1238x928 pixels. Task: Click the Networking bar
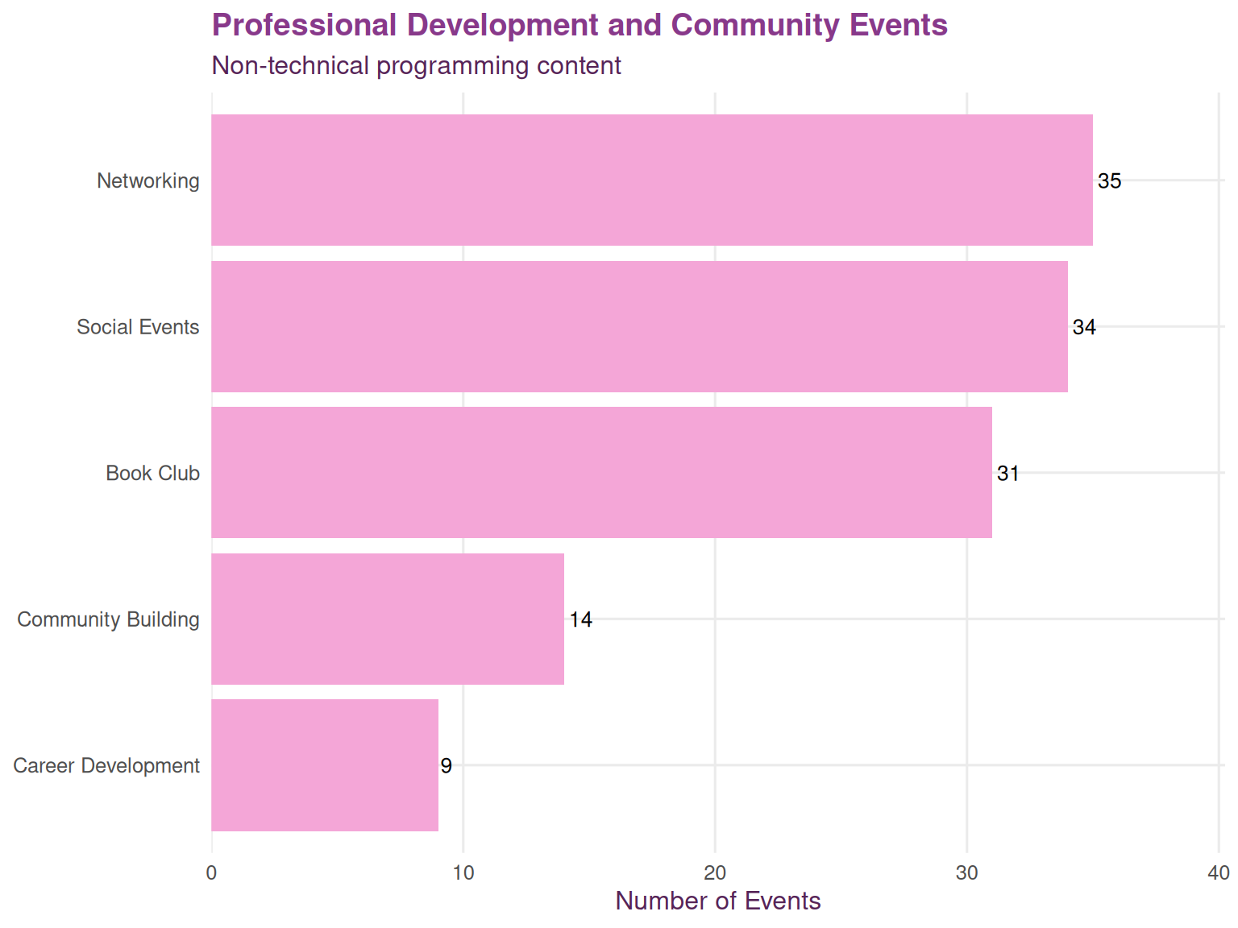coord(651,180)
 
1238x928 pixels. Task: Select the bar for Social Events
coord(639,326)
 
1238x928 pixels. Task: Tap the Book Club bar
coord(601,472)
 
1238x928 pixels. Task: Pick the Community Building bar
coord(388,619)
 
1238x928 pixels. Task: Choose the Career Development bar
coord(325,764)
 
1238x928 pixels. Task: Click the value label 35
coord(1109,181)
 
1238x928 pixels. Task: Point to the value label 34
coord(1084,327)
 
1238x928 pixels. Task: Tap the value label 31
coord(1008,474)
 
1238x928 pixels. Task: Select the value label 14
coord(580,619)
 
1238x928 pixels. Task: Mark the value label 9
coord(446,766)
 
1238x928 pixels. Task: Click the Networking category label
coord(148,180)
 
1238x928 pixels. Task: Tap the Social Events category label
coord(138,327)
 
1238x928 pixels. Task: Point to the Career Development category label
coord(106,765)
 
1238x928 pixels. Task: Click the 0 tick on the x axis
coord(212,873)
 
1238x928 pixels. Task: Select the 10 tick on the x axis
coord(463,873)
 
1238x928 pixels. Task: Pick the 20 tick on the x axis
coord(715,873)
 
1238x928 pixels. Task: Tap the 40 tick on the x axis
coord(1218,873)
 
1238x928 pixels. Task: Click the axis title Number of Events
coord(717,901)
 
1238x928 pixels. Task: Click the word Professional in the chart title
coord(304,26)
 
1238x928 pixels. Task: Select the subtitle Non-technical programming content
coord(416,65)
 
